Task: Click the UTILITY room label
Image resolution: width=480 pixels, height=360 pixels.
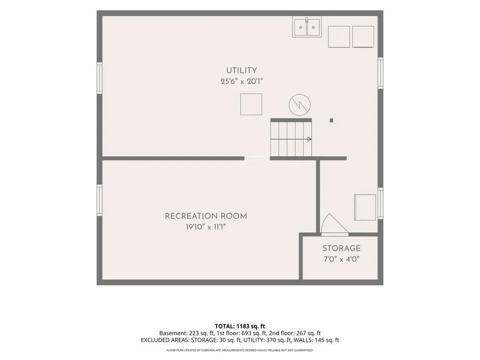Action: point(241,70)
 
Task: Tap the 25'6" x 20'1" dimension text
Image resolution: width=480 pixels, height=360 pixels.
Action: point(241,82)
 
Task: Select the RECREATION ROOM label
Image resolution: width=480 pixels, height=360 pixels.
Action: point(206,216)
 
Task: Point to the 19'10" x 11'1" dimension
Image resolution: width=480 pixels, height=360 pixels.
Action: point(206,227)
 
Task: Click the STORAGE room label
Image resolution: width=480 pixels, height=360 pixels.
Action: point(341,248)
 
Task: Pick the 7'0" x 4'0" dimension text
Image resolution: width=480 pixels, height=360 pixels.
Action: point(341,259)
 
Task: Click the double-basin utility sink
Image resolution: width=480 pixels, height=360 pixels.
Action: point(307,27)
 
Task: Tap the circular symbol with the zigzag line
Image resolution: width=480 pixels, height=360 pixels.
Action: point(300,105)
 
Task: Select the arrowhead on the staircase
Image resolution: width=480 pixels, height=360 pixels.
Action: point(309,139)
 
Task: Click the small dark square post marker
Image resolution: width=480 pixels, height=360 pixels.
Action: point(331,120)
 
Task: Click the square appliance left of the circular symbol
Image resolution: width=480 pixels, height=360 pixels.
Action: point(251,105)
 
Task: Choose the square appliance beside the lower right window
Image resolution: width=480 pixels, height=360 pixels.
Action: point(365,207)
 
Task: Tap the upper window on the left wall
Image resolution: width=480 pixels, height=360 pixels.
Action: point(99,78)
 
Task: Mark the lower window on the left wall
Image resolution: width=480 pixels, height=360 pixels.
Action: point(99,200)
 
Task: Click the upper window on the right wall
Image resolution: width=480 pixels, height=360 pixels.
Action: point(381,73)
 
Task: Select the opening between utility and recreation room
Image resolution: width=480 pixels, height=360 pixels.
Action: point(257,158)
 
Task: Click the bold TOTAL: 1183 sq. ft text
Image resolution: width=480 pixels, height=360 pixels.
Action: point(240,326)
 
